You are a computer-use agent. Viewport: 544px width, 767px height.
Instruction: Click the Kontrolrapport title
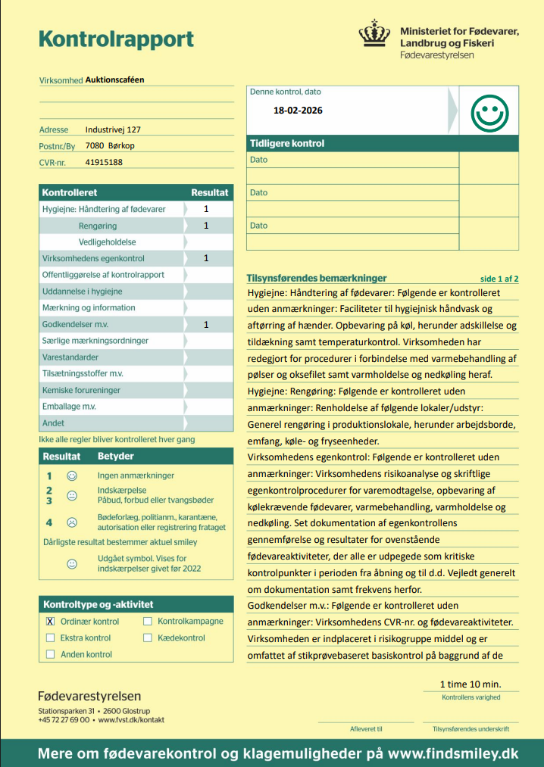116,39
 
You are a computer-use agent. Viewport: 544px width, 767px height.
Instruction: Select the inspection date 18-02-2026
298,111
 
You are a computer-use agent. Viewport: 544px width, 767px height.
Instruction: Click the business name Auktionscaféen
114,79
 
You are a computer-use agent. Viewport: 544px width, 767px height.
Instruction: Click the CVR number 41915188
105,162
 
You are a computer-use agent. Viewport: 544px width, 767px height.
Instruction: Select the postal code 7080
95,145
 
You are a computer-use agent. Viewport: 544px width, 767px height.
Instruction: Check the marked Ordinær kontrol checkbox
51,622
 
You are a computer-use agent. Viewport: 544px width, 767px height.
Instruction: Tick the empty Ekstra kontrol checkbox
51,638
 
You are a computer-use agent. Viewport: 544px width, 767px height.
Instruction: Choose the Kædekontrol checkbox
148,638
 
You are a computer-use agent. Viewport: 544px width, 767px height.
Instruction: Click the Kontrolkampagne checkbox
148,622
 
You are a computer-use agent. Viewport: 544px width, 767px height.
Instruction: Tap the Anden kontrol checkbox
51,654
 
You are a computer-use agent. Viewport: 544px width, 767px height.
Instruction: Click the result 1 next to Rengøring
206,226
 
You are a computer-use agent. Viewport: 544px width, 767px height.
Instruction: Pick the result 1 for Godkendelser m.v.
206,325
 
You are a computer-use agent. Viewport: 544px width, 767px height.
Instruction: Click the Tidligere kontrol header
287,143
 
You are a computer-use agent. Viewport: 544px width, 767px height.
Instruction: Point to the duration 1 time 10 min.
471,684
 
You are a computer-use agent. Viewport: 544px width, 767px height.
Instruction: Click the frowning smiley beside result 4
72,522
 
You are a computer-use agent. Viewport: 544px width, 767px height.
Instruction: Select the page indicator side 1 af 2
499,279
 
